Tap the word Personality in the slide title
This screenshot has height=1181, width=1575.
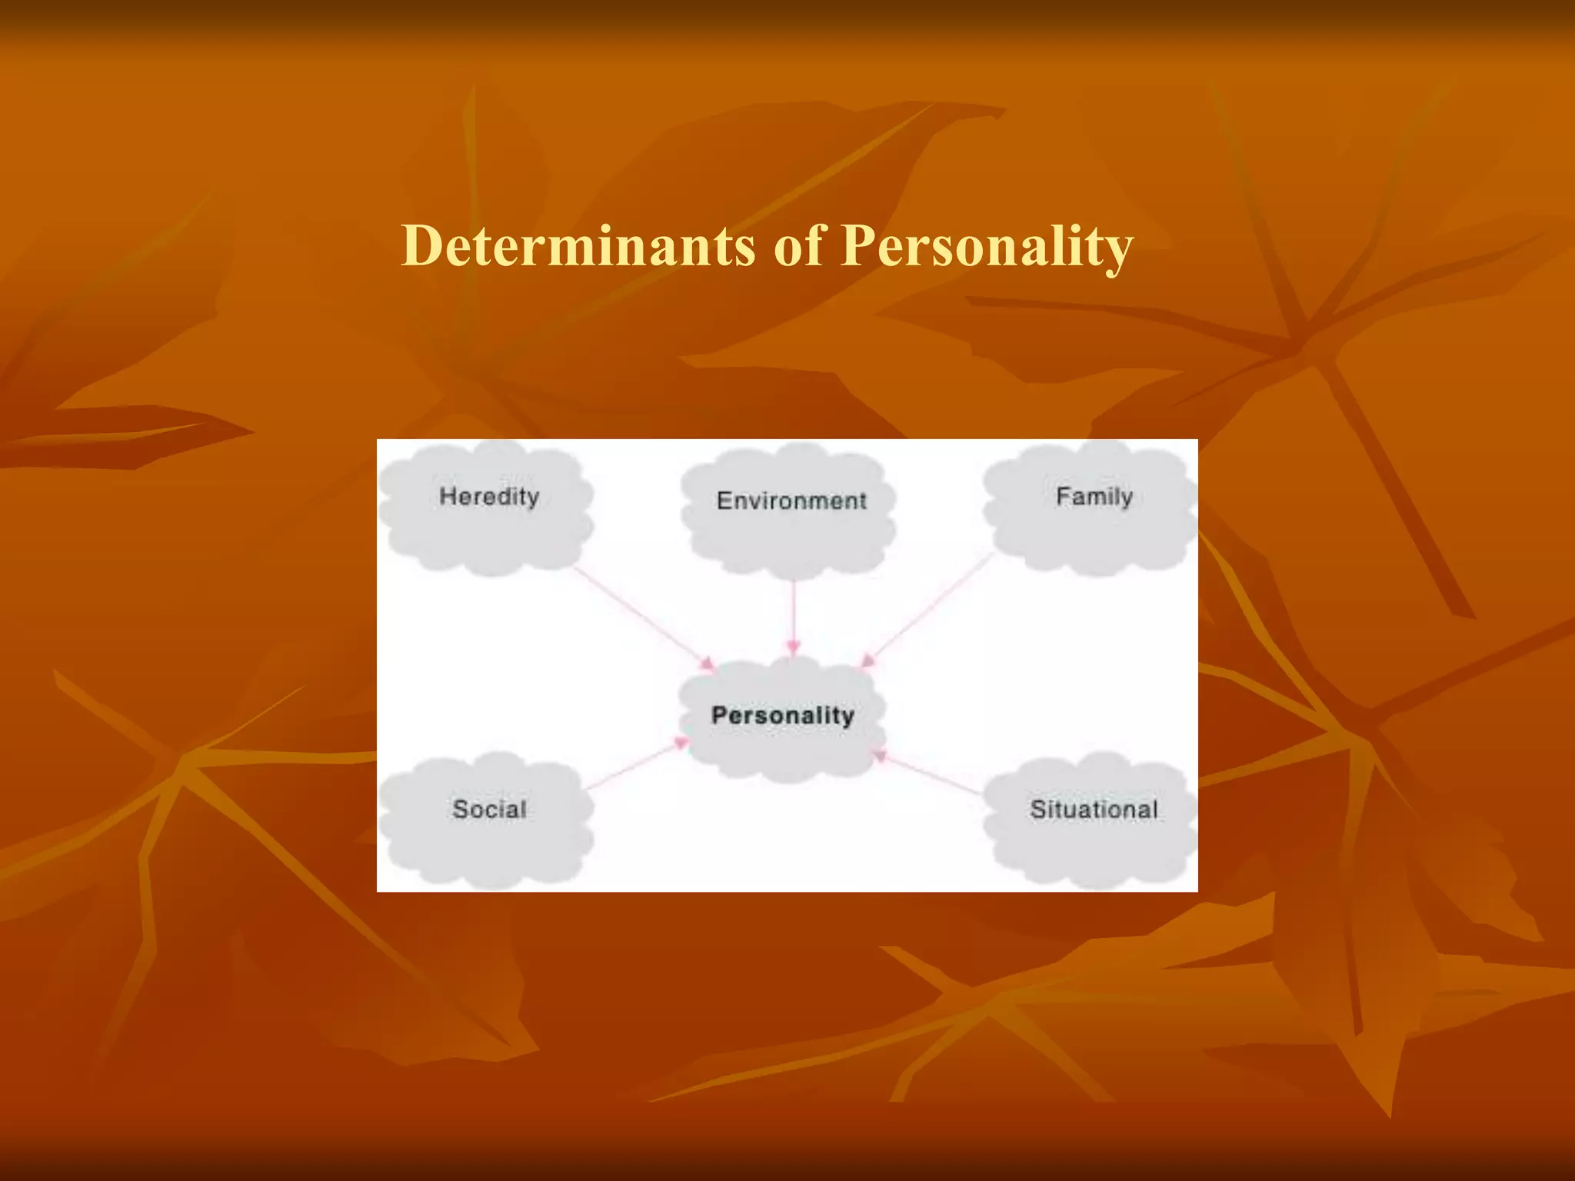[987, 248]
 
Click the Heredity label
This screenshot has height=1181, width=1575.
[489, 497]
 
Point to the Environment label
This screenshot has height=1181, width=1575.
[791, 501]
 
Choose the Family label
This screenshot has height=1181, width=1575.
[1094, 497]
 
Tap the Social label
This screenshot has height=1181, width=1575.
[489, 809]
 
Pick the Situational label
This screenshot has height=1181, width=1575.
[1094, 809]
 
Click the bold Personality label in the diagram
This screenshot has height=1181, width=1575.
[783, 715]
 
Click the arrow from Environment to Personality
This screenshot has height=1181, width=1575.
[794, 615]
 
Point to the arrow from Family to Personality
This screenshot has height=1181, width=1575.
[931, 607]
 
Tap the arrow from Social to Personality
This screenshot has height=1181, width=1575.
[634, 764]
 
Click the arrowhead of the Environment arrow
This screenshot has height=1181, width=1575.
[794, 647]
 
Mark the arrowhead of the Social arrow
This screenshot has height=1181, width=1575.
[681, 743]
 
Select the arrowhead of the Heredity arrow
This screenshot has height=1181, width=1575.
[707, 663]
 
